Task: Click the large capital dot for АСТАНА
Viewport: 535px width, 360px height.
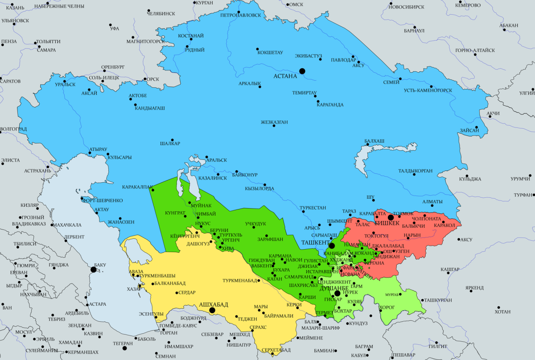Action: [x=302, y=71]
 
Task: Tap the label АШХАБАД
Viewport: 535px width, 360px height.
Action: [x=213, y=304]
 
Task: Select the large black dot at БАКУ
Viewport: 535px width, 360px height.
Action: [x=94, y=270]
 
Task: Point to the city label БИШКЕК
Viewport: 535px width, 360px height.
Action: [x=387, y=223]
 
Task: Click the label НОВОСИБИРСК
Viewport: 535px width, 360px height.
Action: [x=406, y=7]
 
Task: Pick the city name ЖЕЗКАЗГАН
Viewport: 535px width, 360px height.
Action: [x=274, y=122]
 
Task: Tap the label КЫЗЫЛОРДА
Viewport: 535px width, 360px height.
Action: [x=259, y=188]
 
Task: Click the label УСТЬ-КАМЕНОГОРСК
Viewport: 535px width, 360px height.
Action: [x=428, y=90]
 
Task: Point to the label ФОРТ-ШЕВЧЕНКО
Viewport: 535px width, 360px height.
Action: [x=102, y=200]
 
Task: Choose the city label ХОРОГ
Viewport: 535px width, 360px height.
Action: [x=386, y=307]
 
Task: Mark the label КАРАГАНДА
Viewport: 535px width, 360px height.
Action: [x=330, y=105]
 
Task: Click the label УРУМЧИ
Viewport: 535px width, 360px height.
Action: [x=521, y=179]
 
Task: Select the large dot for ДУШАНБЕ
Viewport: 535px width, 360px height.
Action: [x=337, y=294]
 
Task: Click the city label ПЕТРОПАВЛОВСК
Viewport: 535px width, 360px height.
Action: [x=241, y=15]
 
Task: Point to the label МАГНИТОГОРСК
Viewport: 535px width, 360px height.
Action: [x=145, y=41]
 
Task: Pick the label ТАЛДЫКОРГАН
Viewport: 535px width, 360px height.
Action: [x=416, y=171]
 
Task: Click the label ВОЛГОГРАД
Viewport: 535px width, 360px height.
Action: [x=13, y=129]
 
